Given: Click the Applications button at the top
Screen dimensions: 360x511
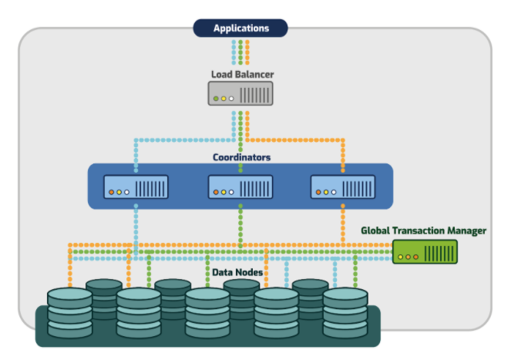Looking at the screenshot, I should click(x=240, y=29).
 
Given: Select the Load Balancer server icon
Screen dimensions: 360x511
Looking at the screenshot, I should click(x=240, y=94).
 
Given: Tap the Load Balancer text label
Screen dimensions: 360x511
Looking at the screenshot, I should click(x=242, y=75).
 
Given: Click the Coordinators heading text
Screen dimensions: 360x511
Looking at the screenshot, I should click(x=240, y=157).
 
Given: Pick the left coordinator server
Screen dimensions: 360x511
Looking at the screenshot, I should click(x=136, y=187).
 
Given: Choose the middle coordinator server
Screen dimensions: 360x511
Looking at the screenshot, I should click(x=240, y=187).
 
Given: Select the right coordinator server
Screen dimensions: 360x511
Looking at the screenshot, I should click(x=343, y=187).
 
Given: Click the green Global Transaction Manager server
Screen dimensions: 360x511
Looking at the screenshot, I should click(x=425, y=251).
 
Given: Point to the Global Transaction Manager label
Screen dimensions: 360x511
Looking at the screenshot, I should click(x=423, y=230).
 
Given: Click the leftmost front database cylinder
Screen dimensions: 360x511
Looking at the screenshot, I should click(x=69, y=312).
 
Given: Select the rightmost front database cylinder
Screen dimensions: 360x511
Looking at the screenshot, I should click(x=345, y=312).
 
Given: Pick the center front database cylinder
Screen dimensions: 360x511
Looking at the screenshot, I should click(x=207, y=312).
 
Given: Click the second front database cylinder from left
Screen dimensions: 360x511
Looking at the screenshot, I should click(x=139, y=312).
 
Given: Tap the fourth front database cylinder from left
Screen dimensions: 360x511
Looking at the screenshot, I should click(x=277, y=312).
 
